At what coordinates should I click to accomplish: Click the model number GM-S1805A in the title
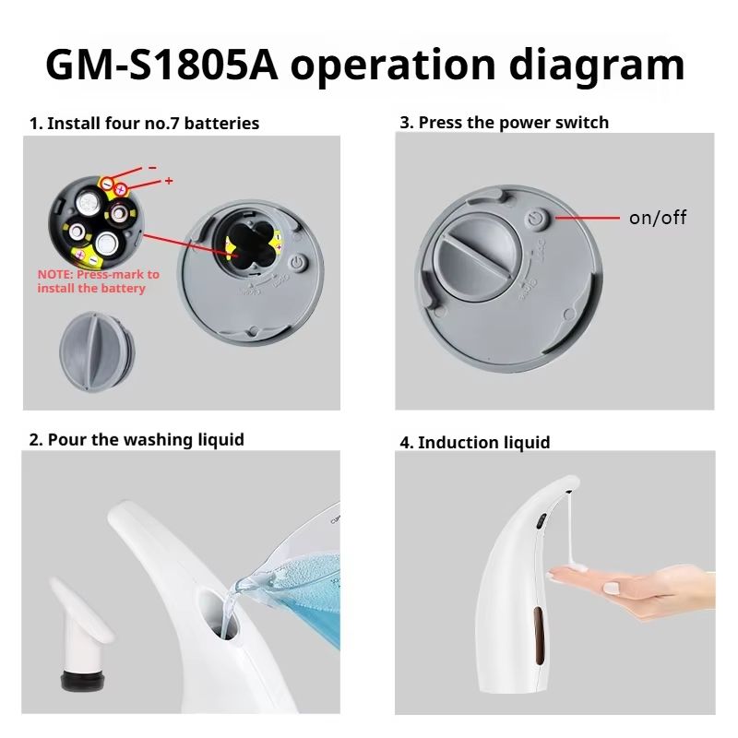coord(161,65)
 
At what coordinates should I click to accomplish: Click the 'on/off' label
coord(658,218)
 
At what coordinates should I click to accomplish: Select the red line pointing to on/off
coord(588,218)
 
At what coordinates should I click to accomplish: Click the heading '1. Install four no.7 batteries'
coord(144,124)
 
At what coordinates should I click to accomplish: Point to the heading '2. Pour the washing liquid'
coord(137,440)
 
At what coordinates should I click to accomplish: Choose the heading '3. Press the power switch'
coord(504,123)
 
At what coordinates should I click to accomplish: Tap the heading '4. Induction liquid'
coord(475,443)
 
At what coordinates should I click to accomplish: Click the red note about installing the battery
coord(99,281)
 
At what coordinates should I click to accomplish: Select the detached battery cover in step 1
coord(97,351)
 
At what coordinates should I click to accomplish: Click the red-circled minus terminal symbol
coord(108,183)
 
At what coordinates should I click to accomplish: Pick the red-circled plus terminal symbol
coord(121,189)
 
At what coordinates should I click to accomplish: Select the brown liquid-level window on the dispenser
coord(540,636)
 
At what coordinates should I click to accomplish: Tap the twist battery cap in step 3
coord(476,259)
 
